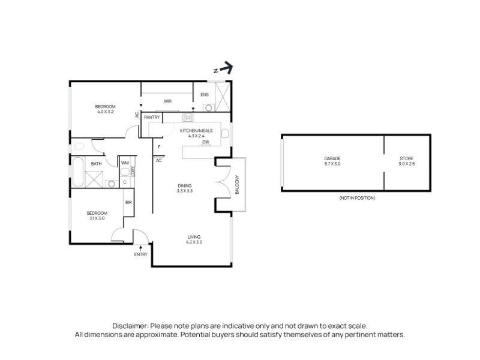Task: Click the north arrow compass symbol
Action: tap(223, 68)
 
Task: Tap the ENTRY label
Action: tap(141, 254)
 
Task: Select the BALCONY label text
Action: tap(237, 185)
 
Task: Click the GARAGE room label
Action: tap(332, 158)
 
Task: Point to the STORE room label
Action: tap(407, 158)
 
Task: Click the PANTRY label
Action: tap(152, 117)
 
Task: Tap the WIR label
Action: tap(168, 101)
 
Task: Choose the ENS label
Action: tap(205, 95)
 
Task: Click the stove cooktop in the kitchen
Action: tap(188, 117)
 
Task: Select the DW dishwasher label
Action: tap(206, 142)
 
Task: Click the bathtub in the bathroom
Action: tap(78, 172)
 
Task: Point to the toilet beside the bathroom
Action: tap(77, 146)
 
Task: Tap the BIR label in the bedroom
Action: tap(128, 202)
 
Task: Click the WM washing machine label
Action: tap(125, 163)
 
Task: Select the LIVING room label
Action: tap(194, 237)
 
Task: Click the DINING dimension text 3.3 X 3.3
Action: tap(185, 191)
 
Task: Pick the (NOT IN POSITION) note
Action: tap(357, 198)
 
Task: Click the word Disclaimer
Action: tap(131, 326)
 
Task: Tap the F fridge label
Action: tap(159, 147)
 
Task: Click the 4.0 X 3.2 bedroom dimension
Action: tap(106, 112)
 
